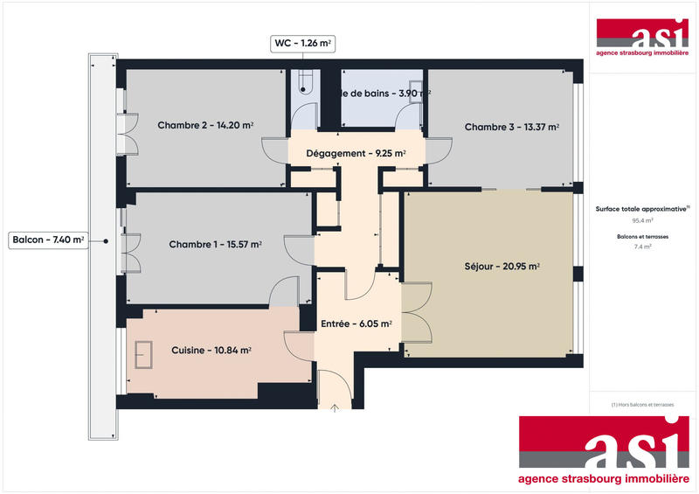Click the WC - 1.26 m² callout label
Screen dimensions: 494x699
[303, 41]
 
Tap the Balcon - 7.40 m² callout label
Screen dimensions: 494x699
[49, 240]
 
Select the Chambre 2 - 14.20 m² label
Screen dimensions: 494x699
[205, 125]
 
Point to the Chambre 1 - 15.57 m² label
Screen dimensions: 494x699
[215, 245]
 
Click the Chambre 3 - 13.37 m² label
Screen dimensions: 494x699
[511, 128]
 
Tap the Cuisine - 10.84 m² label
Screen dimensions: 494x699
[211, 351]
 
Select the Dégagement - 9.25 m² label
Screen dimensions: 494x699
[356, 154]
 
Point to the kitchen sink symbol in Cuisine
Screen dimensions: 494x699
[144, 353]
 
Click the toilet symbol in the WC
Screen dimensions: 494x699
[302, 81]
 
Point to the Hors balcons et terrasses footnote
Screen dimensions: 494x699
[643, 404]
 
